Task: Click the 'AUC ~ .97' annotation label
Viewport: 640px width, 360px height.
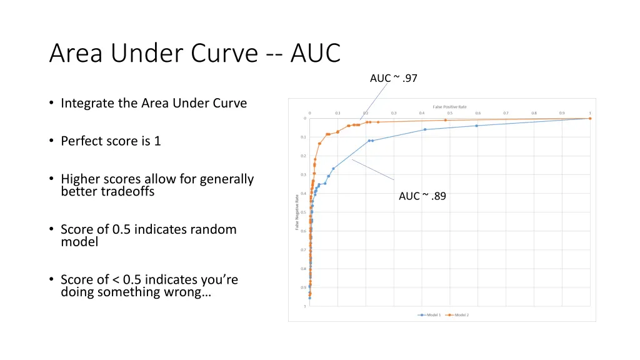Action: point(393,78)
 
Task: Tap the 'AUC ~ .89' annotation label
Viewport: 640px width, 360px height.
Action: point(422,196)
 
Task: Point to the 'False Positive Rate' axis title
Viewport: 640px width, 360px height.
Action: point(449,107)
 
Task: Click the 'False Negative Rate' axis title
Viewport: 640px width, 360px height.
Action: point(297,212)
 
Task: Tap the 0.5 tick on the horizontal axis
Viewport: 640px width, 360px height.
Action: point(450,113)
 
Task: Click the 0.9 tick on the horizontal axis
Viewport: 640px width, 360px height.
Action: point(562,113)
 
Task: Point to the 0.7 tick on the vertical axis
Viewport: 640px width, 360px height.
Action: point(304,250)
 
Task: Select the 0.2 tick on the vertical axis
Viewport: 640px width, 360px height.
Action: point(304,156)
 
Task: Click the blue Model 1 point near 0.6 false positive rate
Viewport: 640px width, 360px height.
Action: point(476,126)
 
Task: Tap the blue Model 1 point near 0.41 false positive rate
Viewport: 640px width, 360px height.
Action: point(425,129)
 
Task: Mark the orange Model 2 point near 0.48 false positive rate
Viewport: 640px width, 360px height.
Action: point(445,120)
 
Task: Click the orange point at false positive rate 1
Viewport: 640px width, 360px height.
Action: point(589,118)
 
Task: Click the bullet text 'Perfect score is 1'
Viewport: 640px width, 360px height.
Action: point(111,141)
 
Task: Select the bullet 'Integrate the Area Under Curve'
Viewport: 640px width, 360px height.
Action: point(154,103)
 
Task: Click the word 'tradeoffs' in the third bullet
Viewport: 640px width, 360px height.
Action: point(127,191)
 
